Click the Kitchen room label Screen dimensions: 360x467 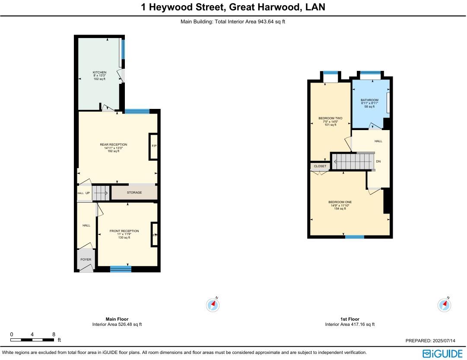click(x=99, y=73)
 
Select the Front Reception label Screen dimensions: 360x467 click(x=124, y=231)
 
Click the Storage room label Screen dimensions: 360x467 click(x=134, y=193)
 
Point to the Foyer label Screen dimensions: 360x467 click(x=86, y=260)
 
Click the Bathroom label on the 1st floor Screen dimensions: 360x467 click(x=369, y=100)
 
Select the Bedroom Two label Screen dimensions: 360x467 click(x=330, y=118)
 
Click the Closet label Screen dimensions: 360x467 click(x=320, y=166)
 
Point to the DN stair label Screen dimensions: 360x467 click(x=378, y=162)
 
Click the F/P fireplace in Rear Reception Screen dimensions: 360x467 click(x=154, y=146)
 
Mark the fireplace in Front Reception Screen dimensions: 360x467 click(x=154, y=235)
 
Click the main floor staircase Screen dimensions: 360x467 click(x=100, y=193)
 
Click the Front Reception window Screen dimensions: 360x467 click(x=121, y=269)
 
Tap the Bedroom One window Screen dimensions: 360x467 click(x=355, y=237)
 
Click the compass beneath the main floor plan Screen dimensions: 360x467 click(x=213, y=305)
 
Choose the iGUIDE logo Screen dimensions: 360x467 click(x=442, y=353)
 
